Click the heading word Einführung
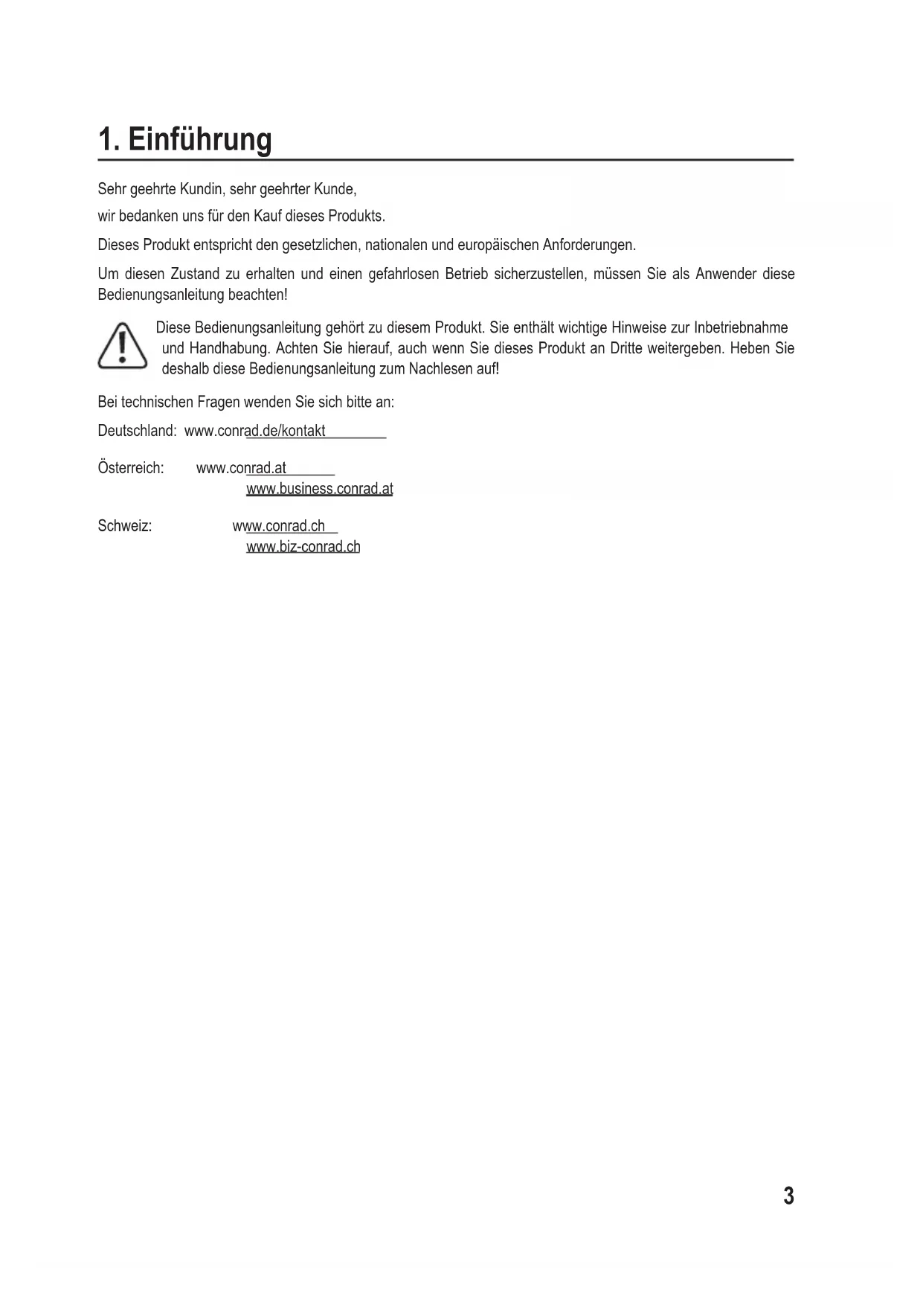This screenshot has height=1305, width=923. (x=200, y=140)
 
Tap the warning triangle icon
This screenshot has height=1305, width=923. (x=122, y=347)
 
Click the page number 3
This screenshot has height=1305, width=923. (x=788, y=1196)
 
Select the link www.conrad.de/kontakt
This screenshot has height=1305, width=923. (x=255, y=431)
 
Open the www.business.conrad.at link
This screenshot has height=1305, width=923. (x=319, y=489)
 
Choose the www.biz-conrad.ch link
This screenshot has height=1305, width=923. (x=303, y=547)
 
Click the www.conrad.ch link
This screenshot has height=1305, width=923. (x=279, y=526)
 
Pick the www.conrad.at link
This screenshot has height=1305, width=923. (x=241, y=468)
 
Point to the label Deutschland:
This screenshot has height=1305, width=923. (x=137, y=431)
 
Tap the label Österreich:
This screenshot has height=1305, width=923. (x=131, y=468)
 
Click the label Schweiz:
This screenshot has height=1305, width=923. (x=125, y=526)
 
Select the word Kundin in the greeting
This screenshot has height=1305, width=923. (x=202, y=189)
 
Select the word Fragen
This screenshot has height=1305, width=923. (x=219, y=403)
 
